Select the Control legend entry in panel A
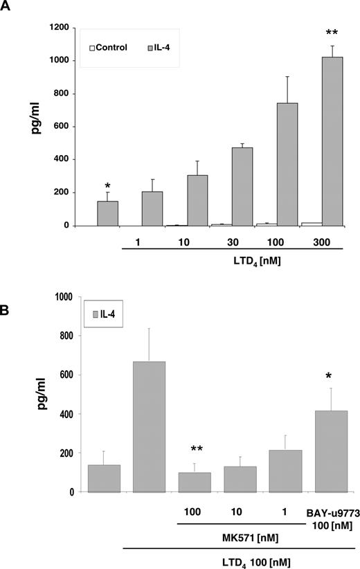click(111, 48)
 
